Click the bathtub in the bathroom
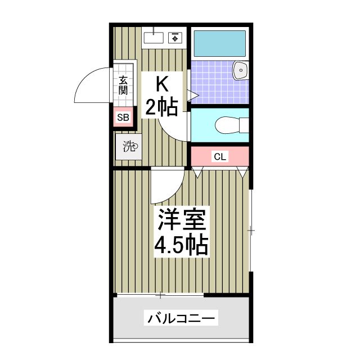220,42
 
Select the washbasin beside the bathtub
241,71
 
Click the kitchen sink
153,38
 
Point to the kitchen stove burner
175,38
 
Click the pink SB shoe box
123,118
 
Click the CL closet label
219,157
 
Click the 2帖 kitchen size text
162,107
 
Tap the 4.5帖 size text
182,245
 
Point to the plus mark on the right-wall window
251,230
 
